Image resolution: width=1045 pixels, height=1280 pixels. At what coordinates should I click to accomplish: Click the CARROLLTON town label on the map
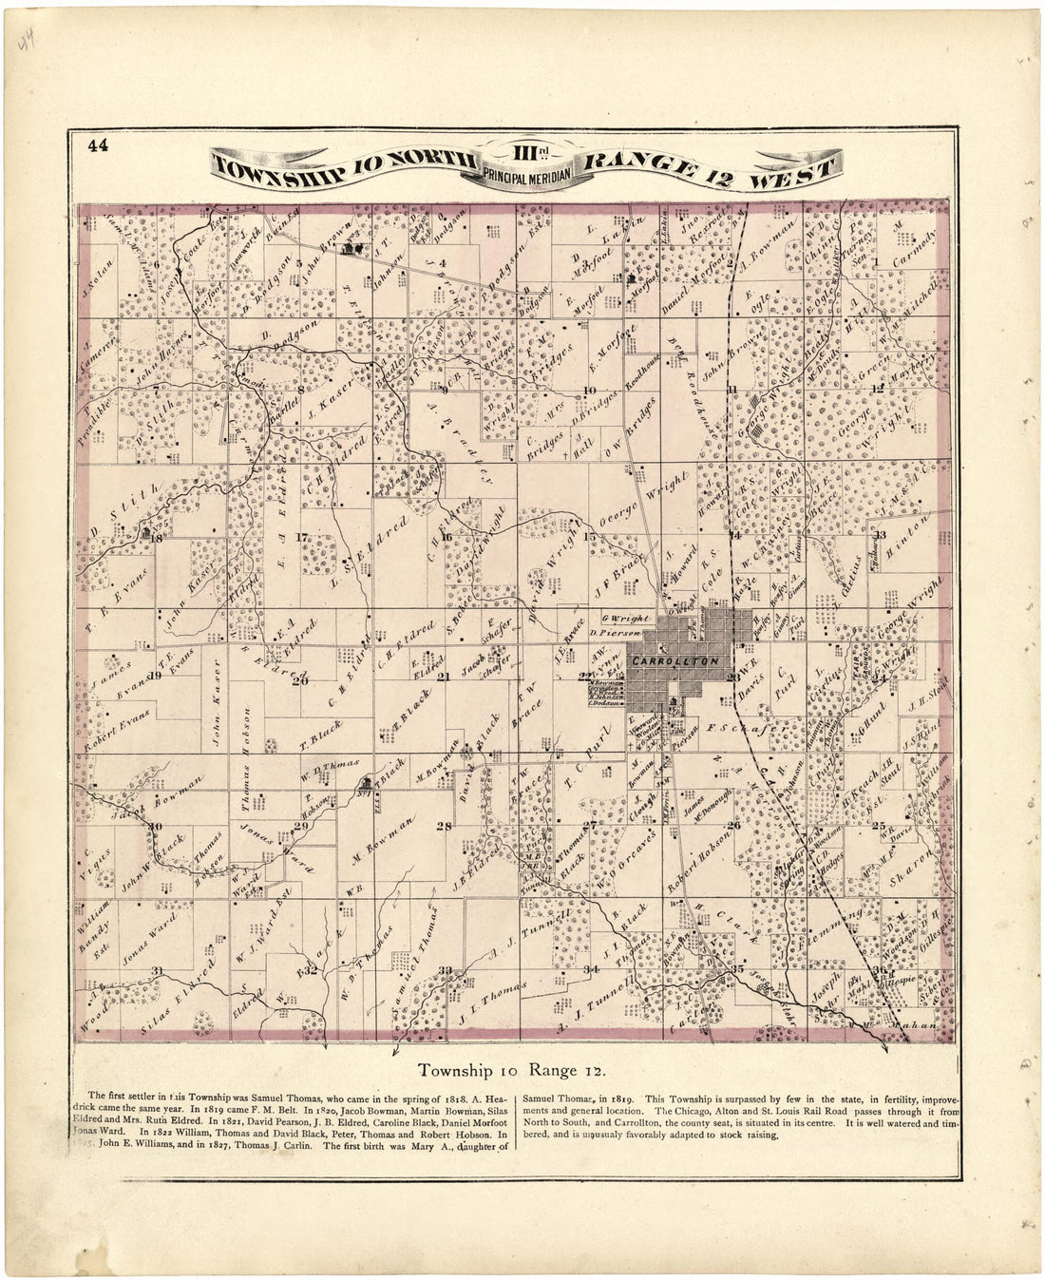675,659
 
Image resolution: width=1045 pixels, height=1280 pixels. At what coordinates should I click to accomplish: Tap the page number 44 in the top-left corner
97,145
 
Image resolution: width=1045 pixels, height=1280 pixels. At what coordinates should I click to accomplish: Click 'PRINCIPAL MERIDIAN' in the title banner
528,173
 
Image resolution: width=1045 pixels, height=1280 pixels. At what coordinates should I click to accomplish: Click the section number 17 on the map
303,538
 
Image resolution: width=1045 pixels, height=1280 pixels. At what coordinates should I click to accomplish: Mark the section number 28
444,827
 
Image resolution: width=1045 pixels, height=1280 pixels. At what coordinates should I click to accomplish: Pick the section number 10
590,390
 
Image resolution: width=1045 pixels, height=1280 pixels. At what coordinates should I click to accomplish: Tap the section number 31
158,969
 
